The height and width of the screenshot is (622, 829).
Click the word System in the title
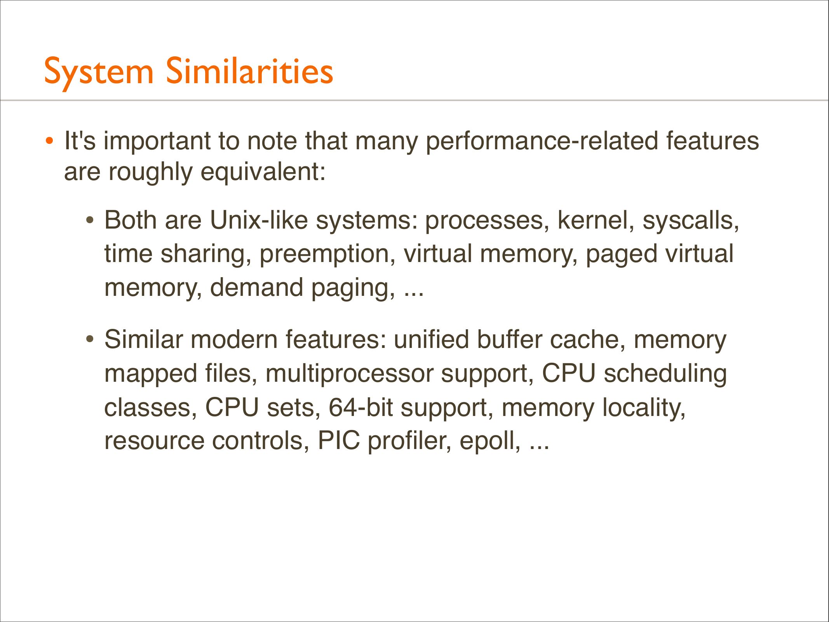coord(99,72)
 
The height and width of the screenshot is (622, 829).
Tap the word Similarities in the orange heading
coord(249,71)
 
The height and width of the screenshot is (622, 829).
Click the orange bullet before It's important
coord(49,141)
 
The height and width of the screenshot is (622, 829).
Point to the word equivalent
coord(263,172)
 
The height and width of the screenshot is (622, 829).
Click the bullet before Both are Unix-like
coord(90,221)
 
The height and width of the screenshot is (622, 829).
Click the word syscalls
coord(690,221)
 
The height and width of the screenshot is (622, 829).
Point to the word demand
coord(256,288)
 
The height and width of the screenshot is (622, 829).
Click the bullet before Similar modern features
coord(90,340)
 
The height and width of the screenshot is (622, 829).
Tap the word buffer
coord(509,340)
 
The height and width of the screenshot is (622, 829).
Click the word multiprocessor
coord(349,374)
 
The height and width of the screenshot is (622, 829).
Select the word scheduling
coord(665,374)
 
